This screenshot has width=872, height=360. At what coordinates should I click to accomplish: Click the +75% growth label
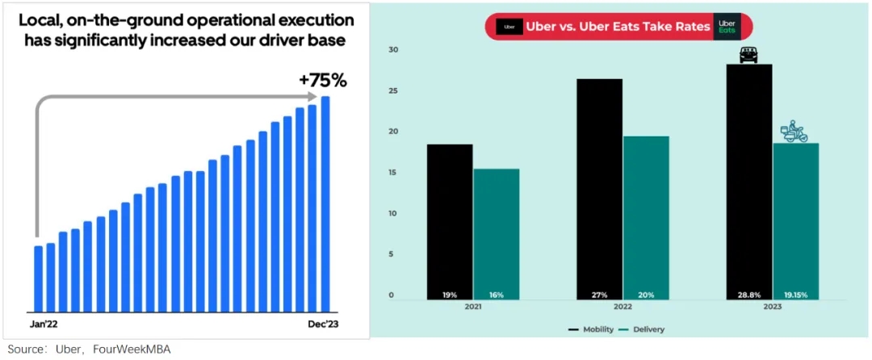pyautogui.click(x=322, y=80)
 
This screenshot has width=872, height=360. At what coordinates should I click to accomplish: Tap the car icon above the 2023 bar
pyautogui.click(x=748, y=56)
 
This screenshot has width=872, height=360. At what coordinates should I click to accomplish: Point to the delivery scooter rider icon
pyautogui.click(x=794, y=132)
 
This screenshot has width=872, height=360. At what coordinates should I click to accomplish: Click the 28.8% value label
pyautogui.click(x=748, y=295)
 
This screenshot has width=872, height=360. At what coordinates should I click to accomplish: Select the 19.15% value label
pyautogui.click(x=795, y=295)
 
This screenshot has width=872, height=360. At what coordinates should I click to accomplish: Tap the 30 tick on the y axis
pyautogui.click(x=392, y=50)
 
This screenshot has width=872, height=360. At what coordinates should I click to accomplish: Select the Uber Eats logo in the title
pyautogui.click(x=727, y=27)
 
